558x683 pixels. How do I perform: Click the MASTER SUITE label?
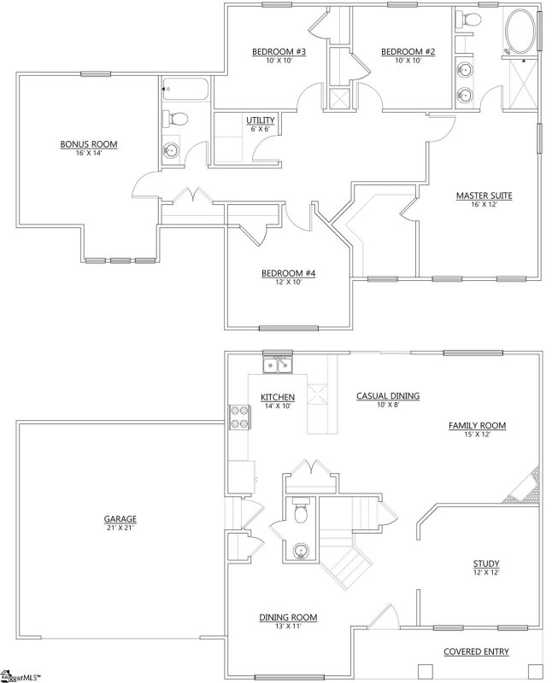click(483, 196)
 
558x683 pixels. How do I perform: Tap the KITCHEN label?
click(278, 397)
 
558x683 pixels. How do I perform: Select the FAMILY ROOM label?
click(478, 425)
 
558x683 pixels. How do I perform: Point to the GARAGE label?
click(120, 518)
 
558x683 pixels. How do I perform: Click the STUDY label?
click(485, 563)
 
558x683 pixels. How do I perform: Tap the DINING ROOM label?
click(289, 617)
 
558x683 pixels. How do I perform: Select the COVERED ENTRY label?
click(476, 651)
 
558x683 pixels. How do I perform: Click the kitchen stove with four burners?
click(238, 417)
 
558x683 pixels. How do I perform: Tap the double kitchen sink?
click(278, 366)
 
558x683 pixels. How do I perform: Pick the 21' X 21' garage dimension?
click(120, 528)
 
